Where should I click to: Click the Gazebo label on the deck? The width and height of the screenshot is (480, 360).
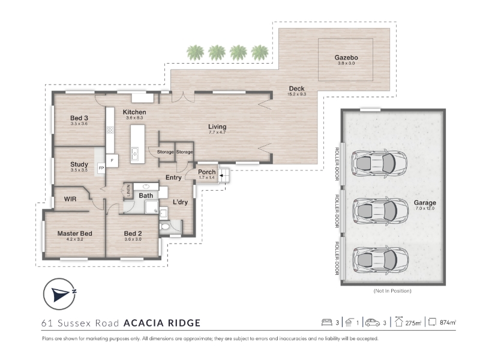(x=346, y=58)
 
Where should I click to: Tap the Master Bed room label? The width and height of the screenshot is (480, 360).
(x=74, y=233)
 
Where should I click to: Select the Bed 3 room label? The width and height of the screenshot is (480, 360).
(x=79, y=118)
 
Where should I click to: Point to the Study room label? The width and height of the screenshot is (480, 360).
(x=79, y=164)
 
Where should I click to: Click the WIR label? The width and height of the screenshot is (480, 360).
(x=70, y=199)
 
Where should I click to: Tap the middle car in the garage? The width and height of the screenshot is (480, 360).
(x=380, y=211)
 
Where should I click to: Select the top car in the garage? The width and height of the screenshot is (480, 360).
(x=379, y=163)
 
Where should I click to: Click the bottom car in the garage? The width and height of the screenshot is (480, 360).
(x=380, y=259)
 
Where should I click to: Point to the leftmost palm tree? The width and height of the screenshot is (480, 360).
(x=195, y=52)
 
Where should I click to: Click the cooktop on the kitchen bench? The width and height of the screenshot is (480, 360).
(x=110, y=130)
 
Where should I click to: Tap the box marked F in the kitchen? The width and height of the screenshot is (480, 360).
(x=112, y=161)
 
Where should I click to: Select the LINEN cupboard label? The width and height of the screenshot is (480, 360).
(x=128, y=190)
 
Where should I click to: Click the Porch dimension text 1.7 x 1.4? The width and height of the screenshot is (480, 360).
(x=206, y=178)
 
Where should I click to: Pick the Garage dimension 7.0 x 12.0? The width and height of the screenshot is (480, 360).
(x=425, y=208)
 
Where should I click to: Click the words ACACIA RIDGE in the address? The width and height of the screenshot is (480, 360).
(x=162, y=323)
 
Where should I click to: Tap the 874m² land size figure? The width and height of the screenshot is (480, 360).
(x=448, y=322)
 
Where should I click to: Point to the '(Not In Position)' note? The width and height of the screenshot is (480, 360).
(x=392, y=291)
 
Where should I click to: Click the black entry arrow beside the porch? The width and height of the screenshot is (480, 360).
(x=221, y=176)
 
